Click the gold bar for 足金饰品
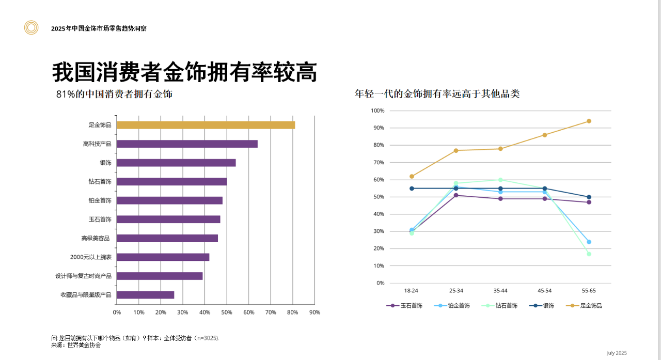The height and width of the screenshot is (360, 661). pos(206,125)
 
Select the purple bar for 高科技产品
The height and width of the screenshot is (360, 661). pos(187,144)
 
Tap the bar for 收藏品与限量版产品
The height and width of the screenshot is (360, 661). pos(145,295)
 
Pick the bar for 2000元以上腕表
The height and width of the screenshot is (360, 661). pos(163,257)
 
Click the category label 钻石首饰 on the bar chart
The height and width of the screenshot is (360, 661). pos(100,182)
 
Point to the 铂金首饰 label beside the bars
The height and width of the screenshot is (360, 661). pos(100,200)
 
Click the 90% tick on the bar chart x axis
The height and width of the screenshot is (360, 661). pos(314,312)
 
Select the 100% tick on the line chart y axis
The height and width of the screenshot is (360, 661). pos(377,111)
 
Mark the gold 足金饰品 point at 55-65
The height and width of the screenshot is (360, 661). pos(589,121)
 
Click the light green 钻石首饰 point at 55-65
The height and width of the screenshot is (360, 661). pos(589,254)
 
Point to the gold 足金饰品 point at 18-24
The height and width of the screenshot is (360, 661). pos(412,177)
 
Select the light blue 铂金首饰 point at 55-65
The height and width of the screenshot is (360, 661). pos(589,242)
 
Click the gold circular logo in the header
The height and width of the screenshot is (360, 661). pos(32,28)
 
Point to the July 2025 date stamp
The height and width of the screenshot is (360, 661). pos(617,353)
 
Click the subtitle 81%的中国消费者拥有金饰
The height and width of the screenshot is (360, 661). pos(114,95)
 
